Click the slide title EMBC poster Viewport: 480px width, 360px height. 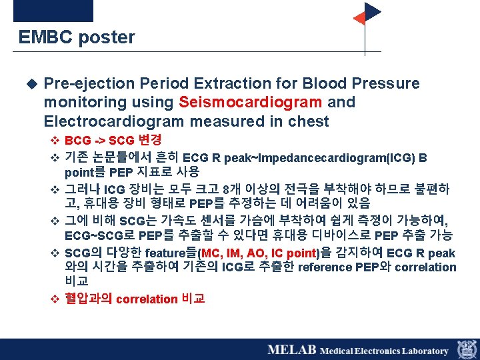pos(77,37)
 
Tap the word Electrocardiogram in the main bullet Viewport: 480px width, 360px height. pos(113,121)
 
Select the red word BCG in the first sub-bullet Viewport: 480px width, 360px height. pos(78,141)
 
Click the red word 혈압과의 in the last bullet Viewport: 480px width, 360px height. pos(88,299)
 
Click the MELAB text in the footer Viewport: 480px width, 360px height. pos(292,350)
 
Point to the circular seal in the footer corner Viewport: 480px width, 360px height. pos(466,349)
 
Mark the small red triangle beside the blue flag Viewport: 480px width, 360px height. pos(359,18)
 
